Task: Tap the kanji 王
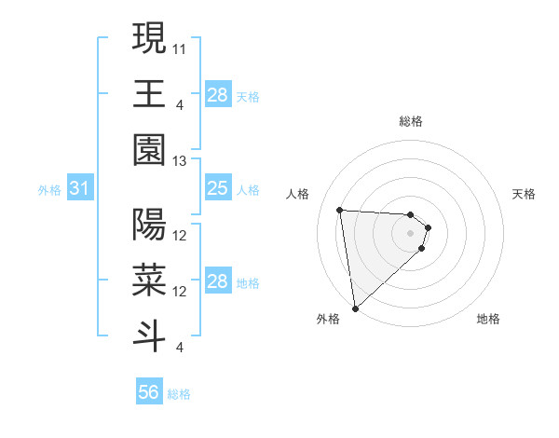coord(149,94)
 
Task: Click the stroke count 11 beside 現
coord(181,47)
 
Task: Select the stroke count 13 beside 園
coord(181,161)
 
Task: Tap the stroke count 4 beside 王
coord(179,104)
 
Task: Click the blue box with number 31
coord(79,189)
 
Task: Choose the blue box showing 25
coord(217,189)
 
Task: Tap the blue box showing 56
coord(148,393)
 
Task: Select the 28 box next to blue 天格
coord(217,95)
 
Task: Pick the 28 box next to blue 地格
coord(217,282)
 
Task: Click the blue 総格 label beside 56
coord(179,394)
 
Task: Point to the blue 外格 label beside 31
coord(49,190)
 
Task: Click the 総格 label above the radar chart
coord(411,121)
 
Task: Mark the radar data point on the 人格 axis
coord(340,210)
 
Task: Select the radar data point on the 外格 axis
coord(355,308)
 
